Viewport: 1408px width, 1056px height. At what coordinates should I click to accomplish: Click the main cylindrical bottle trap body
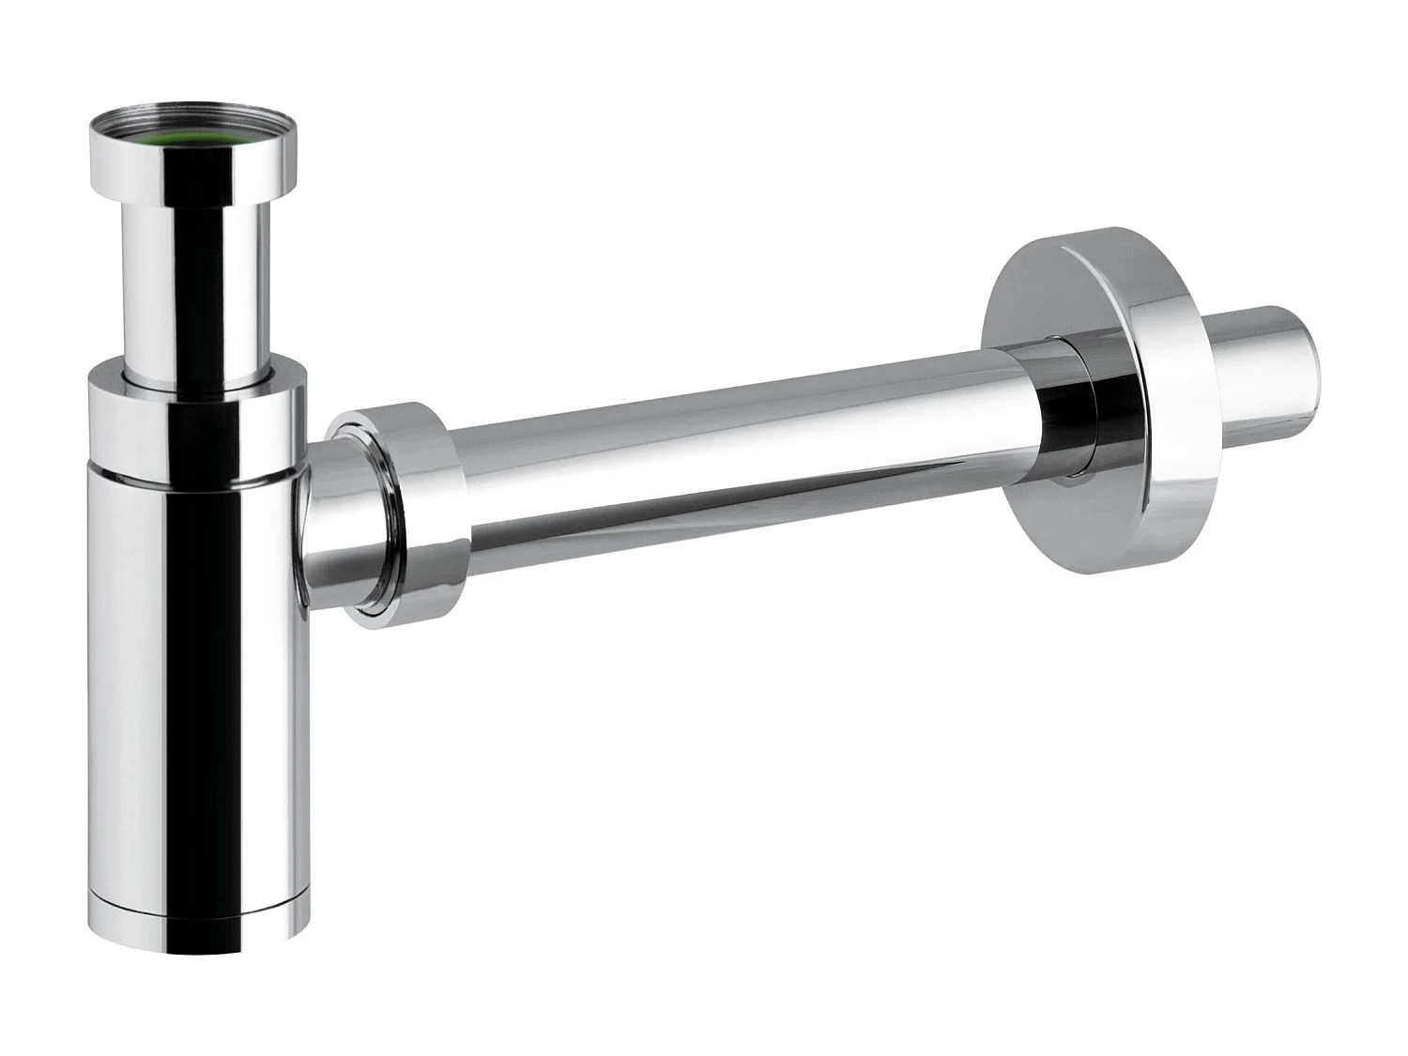tap(197, 676)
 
